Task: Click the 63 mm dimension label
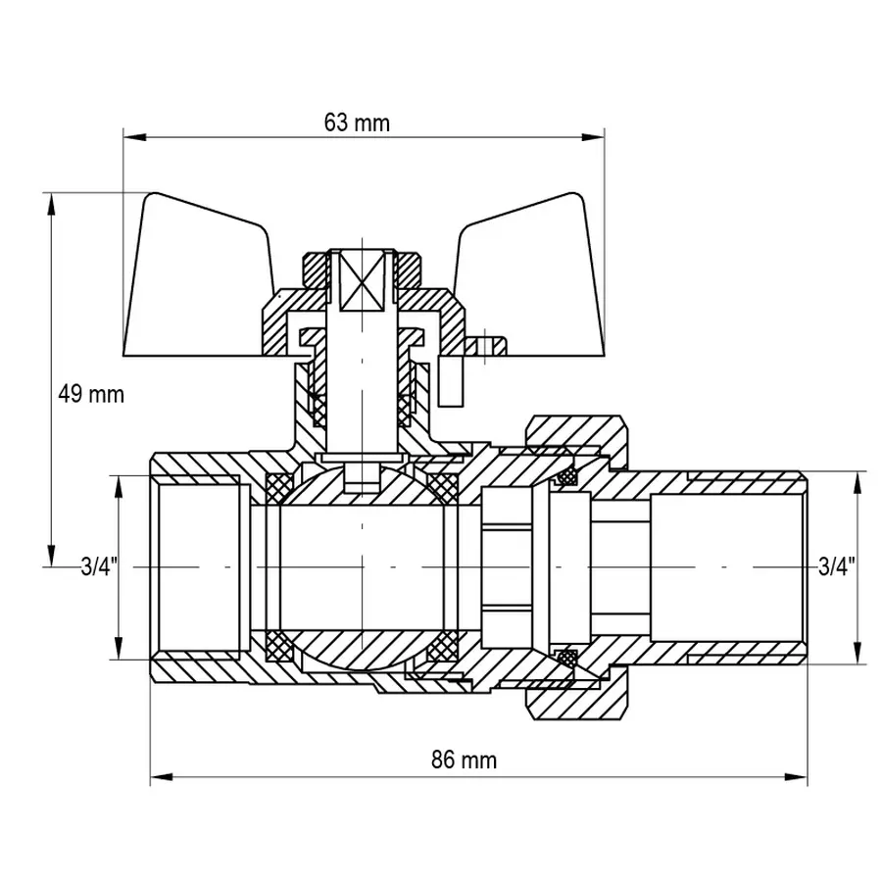pos(357,123)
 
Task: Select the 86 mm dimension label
pos(464,760)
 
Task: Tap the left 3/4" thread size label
pos(99,566)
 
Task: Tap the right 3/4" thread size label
pos(836,566)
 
